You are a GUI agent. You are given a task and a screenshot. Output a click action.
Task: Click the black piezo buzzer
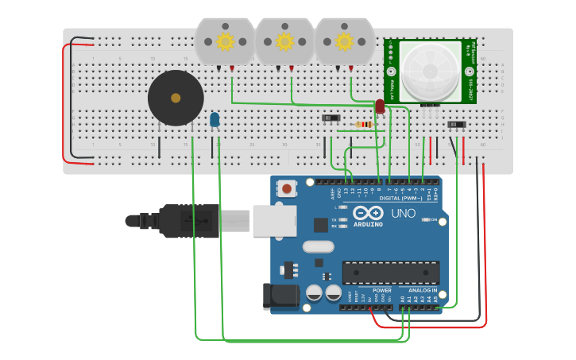(x=176, y=98)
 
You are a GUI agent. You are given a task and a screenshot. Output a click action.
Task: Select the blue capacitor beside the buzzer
(x=215, y=119)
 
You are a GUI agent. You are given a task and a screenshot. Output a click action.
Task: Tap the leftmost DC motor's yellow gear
(x=225, y=41)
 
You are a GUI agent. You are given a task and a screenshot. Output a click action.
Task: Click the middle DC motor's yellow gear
(x=284, y=41)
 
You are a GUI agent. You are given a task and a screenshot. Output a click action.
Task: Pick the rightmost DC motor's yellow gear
(x=344, y=41)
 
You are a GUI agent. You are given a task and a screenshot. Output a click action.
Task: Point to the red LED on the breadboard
(x=380, y=106)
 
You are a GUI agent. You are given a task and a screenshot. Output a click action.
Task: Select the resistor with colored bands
(x=365, y=124)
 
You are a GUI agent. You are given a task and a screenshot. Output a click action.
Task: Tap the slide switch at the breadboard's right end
(x=456, y=124)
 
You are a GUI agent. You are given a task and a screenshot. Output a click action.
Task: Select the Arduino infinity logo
(x=368, y=213)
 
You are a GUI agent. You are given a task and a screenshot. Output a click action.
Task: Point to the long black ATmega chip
(x=390, y=272)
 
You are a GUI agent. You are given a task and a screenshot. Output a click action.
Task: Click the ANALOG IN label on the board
(x=422, y=290)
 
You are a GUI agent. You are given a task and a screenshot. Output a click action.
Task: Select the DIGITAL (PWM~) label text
(x=400, y=198)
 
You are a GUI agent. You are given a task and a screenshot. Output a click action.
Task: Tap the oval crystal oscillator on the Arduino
(x=317, y=246)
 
